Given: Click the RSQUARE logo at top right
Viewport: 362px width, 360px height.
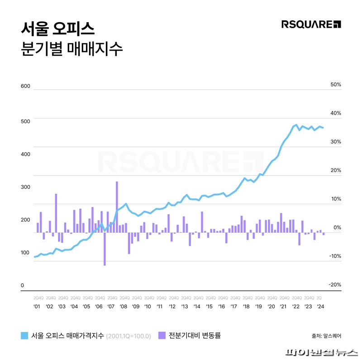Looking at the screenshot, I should pos(311,24).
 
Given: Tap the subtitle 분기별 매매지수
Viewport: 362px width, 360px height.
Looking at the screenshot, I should pos(72,48).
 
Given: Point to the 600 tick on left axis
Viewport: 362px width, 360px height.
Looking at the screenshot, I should pos(25,86).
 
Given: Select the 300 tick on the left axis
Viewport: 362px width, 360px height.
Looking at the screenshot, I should pos(25,187).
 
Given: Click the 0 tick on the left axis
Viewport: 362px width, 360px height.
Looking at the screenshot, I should pos(22,286).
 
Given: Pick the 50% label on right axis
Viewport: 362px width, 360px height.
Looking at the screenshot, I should pos(336,85).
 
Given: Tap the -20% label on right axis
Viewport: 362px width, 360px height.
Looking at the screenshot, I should pos(335,284).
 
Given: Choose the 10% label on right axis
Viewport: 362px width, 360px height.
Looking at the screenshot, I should pos(336,199).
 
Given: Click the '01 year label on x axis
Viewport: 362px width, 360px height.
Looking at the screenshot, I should pos(37,307).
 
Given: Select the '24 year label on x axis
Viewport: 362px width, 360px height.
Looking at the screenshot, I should pos(320,307).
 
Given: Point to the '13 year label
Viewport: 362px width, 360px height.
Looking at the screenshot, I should pos(185,307).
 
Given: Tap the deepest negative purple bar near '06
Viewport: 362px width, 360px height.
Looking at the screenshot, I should pos(105,249).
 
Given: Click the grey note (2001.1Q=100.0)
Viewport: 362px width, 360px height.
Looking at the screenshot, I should pos(129,336).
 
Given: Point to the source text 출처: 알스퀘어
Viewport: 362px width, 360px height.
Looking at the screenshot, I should pos(326,336).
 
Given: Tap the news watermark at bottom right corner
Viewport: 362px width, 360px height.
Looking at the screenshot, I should pos(322,353).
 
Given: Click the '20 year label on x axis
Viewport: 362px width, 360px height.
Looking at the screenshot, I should pos(271,307).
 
